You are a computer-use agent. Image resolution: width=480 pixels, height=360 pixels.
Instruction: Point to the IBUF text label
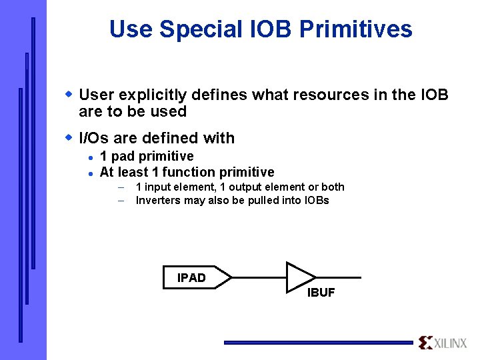coord(321,293)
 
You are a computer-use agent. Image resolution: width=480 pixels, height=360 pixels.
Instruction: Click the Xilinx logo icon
coord(425,343)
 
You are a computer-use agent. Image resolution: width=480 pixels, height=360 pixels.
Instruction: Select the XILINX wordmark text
coord(451,343)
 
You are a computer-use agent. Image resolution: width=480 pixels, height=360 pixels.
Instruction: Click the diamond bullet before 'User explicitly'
coord(68,93)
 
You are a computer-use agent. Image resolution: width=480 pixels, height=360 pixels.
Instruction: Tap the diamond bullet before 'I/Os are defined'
coord(68,137)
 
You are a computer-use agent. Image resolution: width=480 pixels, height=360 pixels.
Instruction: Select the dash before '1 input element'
coord(122,187)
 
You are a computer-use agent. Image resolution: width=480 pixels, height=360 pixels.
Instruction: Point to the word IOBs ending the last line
coord(315,201)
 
